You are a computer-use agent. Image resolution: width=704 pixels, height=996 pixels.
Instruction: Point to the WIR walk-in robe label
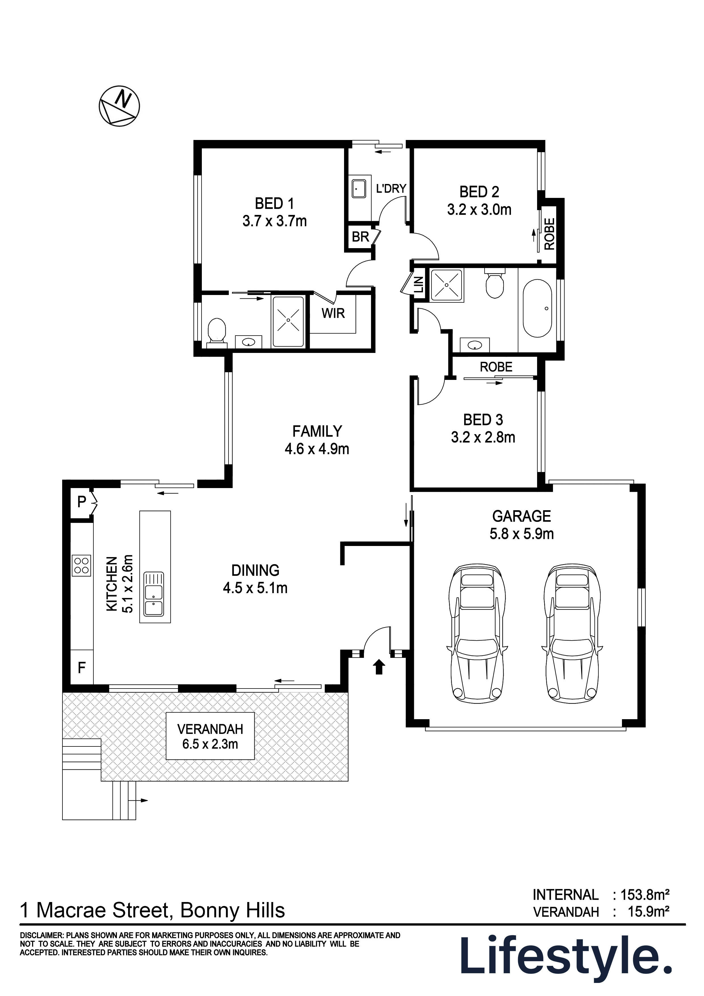coord(333,313)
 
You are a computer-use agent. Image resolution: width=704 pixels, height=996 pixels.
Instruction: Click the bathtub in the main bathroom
coord(537,308)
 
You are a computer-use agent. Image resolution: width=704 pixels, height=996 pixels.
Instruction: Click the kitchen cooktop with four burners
coord(81,566)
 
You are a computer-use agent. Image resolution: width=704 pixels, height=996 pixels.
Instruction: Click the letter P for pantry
coord(81,502)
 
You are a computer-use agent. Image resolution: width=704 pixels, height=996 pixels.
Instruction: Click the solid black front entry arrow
coord(379,667)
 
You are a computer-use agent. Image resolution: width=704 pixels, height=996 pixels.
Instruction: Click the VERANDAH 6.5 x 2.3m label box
coord(210,736)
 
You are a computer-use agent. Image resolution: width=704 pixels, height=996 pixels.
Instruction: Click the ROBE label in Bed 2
coord(549,234)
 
